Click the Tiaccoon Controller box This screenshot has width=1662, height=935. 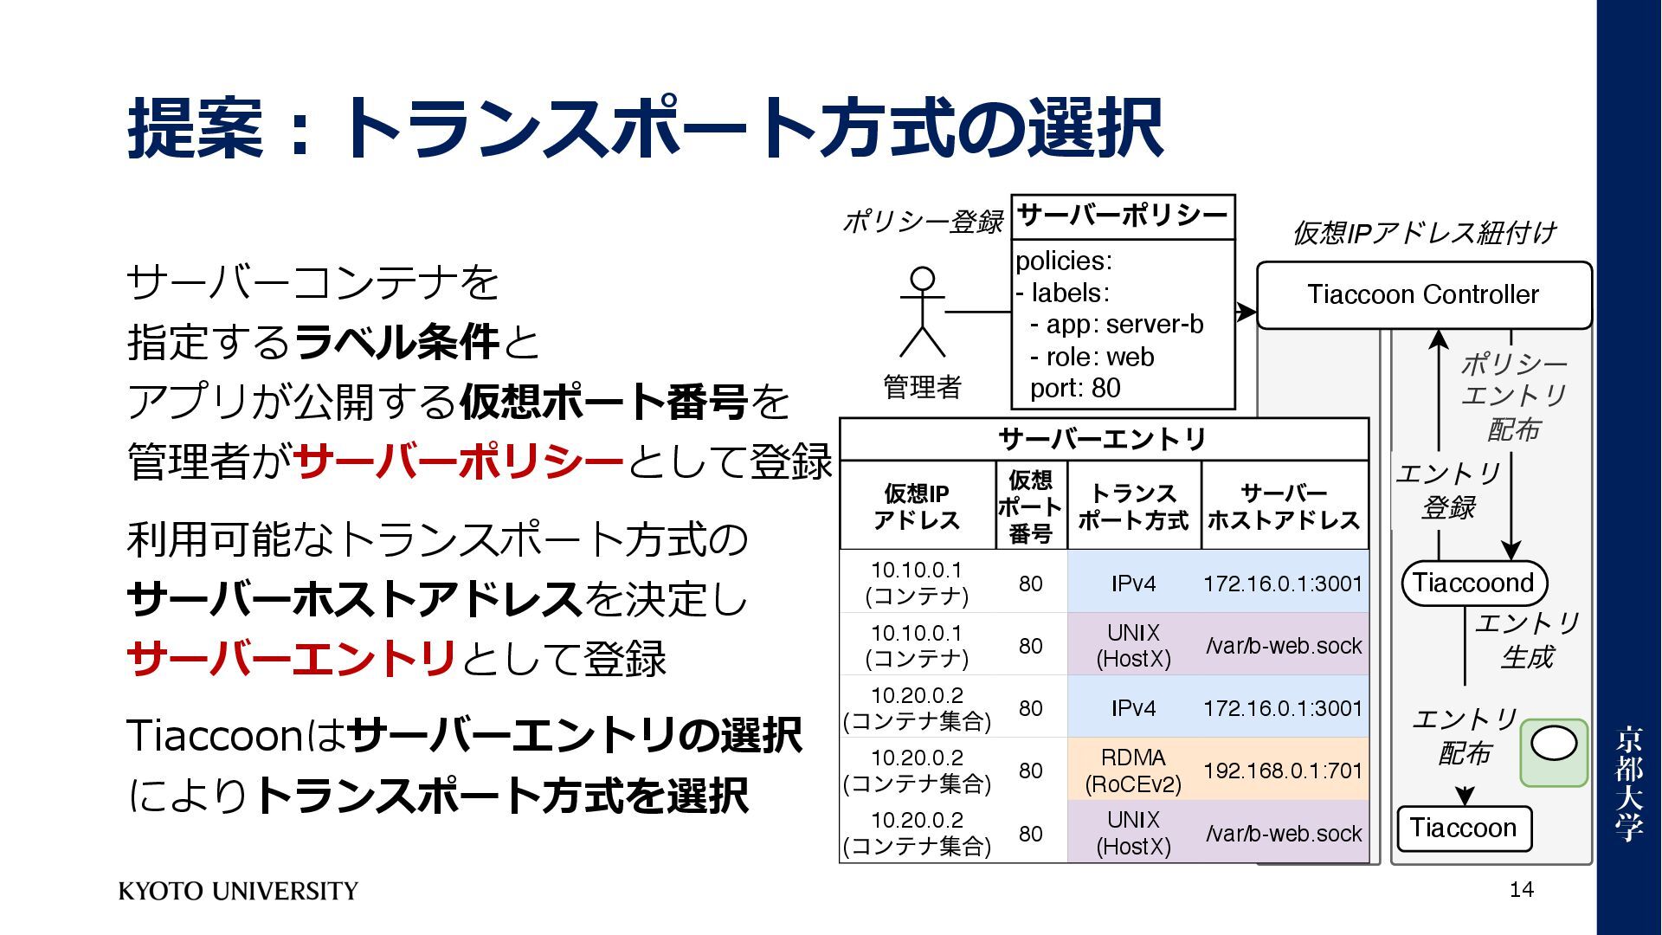click(x=1423, y=295)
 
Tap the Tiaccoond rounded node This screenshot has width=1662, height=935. click(x=1473, y=583)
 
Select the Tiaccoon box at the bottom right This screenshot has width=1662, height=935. click(x=1463, y=829)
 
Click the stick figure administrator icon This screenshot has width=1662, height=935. click(x=923, y=313)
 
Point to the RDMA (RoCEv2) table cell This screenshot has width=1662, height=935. click(x=1133, y=771)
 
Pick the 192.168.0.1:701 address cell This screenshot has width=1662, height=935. click(x=1283, y=771)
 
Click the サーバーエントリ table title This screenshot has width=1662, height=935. click(x=1103, y=440)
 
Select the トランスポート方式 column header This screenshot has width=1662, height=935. click(x=1133, y=506)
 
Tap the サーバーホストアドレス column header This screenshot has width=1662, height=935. click(x=1284, y=506)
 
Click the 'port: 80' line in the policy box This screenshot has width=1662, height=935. click(x=1075, y=389)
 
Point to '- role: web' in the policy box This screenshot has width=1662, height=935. click(x=1092, y=357)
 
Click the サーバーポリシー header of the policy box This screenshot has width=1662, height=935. click(x=1123, y=216)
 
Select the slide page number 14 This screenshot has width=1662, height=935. click(x=1521, y=889)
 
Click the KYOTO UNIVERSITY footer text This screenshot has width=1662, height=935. click(x=238, y=891)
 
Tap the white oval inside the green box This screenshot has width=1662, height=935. click(x=1554, y=744)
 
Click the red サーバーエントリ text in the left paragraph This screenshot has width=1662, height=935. click(x=292, y=659)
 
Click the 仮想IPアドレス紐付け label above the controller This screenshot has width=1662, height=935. click(x=1423, y=233)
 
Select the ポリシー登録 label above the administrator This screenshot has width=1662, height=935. click(x=923, y=222)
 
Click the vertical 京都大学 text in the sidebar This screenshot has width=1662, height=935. click(x=1628, y=783)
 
